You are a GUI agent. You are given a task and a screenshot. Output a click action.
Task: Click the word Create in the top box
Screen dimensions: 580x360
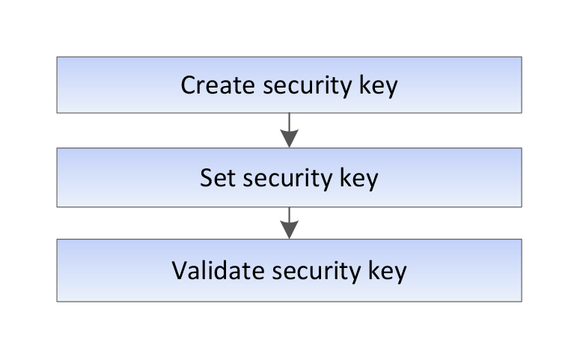(218, 85)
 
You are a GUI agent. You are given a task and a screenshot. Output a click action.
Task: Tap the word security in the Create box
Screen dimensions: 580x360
(308, 86)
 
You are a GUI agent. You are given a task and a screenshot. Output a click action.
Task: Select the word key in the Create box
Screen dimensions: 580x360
(379, 86)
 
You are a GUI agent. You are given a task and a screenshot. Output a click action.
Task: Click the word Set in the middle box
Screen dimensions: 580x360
(218, 178)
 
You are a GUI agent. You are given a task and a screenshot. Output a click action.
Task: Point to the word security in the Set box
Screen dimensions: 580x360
(288, 179)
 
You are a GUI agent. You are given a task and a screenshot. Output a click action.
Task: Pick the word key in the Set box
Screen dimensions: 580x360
(358, 179)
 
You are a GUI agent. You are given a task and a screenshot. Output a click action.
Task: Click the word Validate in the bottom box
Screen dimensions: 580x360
(219, 270)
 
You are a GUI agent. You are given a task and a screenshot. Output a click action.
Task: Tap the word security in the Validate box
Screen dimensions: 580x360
(317, 272)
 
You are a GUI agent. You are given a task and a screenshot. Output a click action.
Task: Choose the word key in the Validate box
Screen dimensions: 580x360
(387, 272)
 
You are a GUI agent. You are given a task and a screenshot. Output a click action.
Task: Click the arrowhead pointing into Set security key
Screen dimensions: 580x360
(290, 138)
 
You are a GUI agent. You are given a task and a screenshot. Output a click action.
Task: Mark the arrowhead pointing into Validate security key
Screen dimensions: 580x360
(290, 230)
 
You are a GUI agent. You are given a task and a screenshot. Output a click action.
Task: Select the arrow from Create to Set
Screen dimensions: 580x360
(290, 130)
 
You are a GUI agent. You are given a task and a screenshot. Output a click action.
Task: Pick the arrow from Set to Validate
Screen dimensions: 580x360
(290, 223)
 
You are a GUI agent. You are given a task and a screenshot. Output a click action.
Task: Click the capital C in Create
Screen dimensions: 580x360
(188, 85)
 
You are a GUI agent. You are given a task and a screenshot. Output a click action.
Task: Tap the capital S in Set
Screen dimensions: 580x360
(207, 178)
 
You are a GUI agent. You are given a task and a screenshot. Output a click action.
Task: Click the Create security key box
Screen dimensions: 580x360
(290, 85)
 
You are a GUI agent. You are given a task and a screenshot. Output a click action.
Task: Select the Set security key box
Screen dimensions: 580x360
(290, 177)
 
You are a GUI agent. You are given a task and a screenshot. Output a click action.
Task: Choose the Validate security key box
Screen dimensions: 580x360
(290, 270)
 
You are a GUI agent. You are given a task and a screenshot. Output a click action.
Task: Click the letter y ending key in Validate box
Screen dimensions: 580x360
(400, 274)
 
